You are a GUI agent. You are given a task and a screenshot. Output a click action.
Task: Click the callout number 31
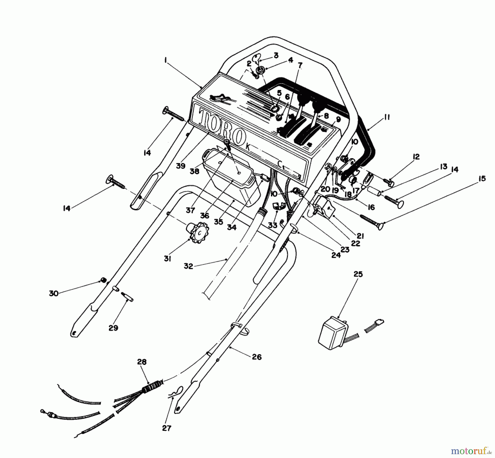167,258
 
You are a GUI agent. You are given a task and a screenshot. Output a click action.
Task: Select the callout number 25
358,274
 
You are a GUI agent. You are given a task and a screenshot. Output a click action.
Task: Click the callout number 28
142,362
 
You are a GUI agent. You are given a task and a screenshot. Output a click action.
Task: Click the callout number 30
54,293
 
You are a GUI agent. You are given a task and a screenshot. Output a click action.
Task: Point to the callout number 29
113,328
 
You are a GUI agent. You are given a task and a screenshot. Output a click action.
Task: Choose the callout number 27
167,428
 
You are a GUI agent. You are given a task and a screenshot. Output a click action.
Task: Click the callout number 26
256,357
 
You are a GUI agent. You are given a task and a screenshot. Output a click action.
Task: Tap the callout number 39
181,166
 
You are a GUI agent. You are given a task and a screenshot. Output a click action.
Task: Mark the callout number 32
188,266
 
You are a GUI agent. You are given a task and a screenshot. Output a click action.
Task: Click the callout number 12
416,157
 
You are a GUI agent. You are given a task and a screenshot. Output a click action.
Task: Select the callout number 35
218,222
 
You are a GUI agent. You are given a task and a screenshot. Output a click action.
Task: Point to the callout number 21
360,236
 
